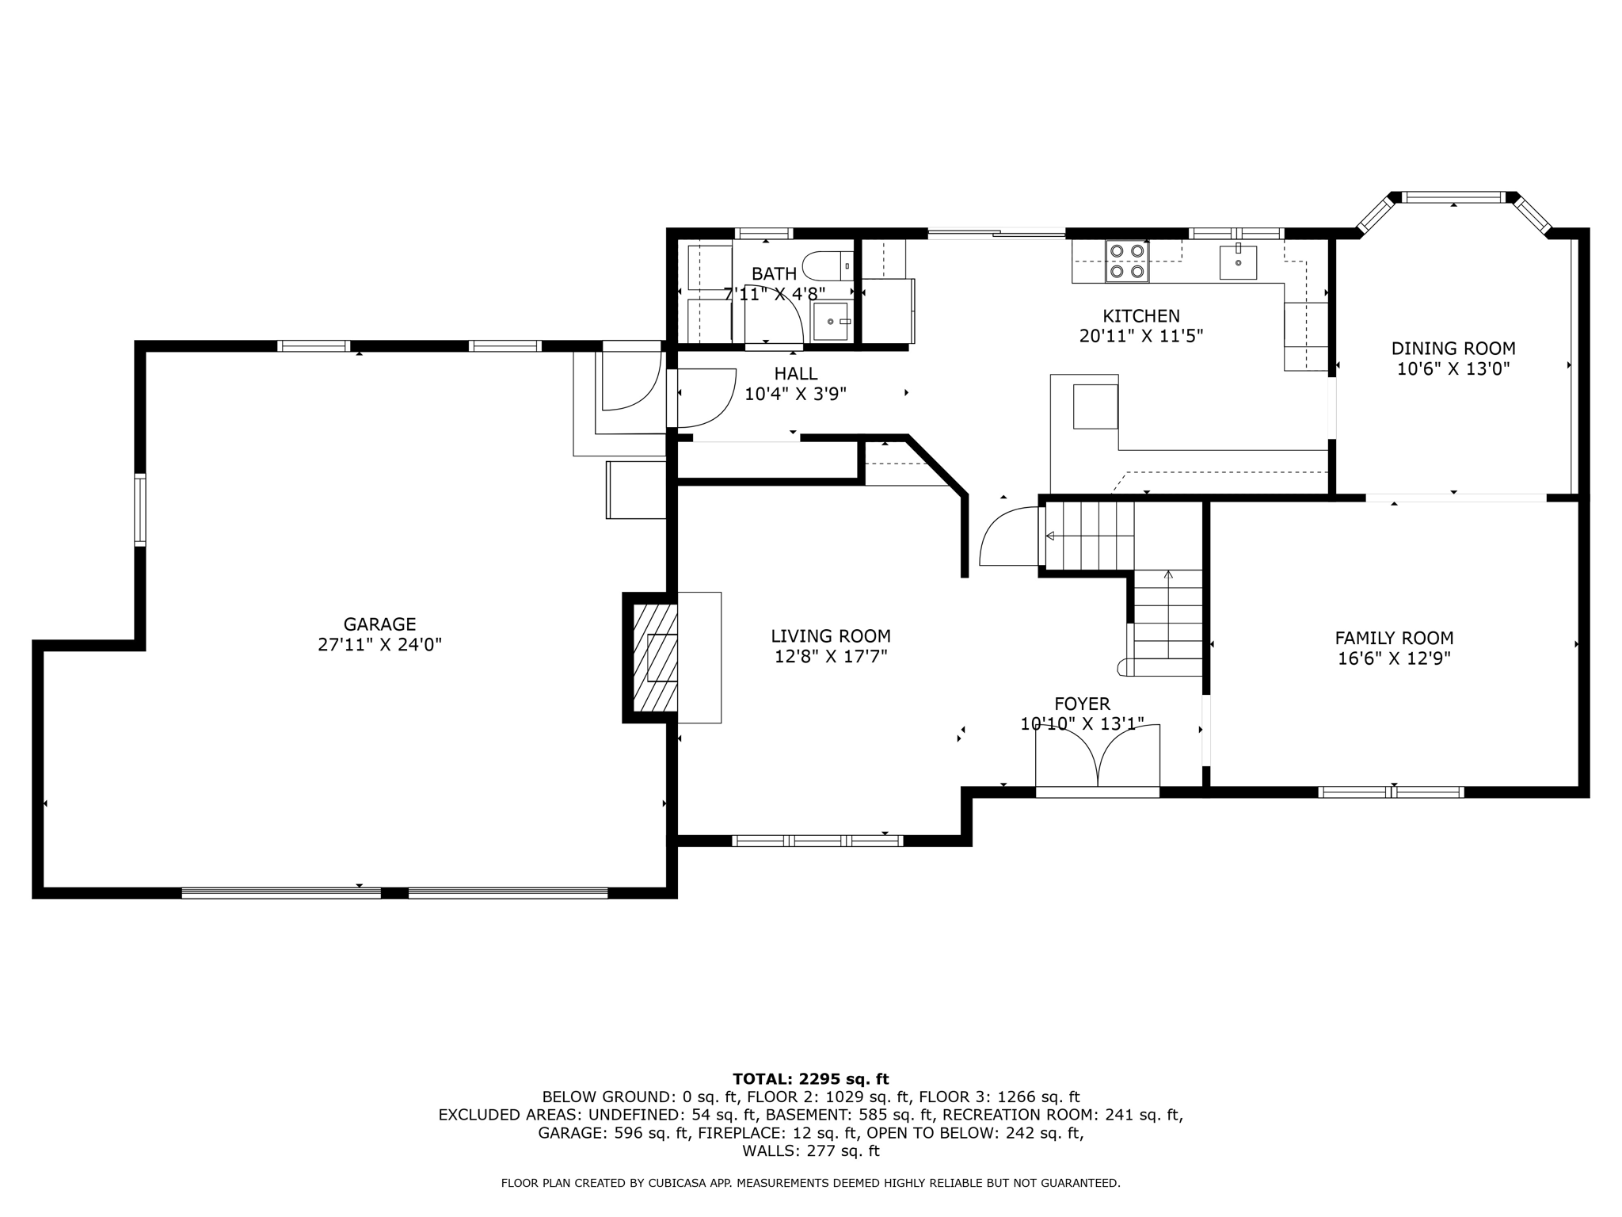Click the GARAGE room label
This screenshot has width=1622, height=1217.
tap(379, 624)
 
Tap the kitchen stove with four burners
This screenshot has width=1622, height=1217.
tap(1127, 261)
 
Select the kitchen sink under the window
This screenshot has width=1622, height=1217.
tap(1238, 262)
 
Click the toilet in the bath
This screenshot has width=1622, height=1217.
tap(826, 265)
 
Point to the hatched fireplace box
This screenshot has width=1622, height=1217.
tap(655, 658)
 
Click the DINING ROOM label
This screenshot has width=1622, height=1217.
tap(1453, 349)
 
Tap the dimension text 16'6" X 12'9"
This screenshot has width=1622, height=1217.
tap(1394, 658)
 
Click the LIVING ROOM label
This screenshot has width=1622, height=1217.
tap(831, 636)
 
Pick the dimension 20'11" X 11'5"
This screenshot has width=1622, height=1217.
tap(1141, 336)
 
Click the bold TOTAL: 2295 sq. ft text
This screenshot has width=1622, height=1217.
tap(810, 1078)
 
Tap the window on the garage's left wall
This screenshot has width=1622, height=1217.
tap(140, 509)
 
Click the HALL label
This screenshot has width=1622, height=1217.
tap(796, 374)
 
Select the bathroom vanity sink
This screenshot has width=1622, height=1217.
tap(831, 322)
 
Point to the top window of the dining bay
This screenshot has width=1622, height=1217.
tap(1453, 197)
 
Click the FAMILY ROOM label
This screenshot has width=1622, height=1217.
tap(1394, 638)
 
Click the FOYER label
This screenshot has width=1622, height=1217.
tap(1082, 704)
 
